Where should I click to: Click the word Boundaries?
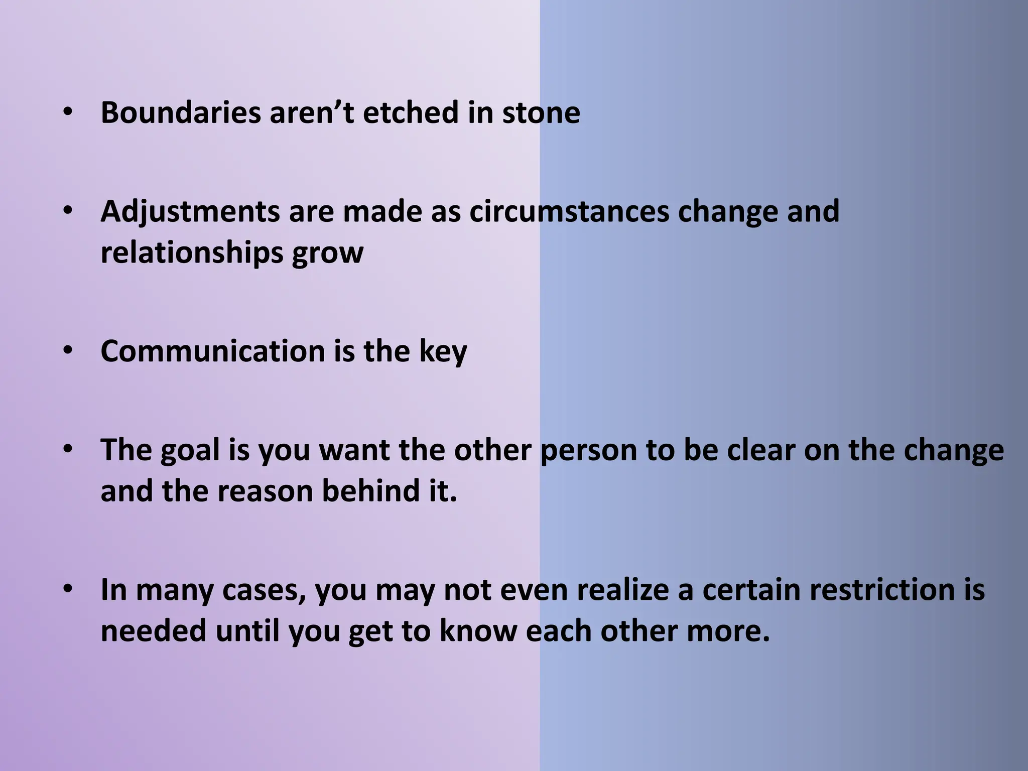pyautogui.click(x=181, y=112)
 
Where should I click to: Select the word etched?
pyautogui.click(x=411, y=112)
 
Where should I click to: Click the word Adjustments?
pyautogui.click(x=190, y=211)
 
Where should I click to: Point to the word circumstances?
pyautogui.click(x=569, y=211)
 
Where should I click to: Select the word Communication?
pyautogui.click(x=213, y=351)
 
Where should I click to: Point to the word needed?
pyautogui.click(x=154, y=631)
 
